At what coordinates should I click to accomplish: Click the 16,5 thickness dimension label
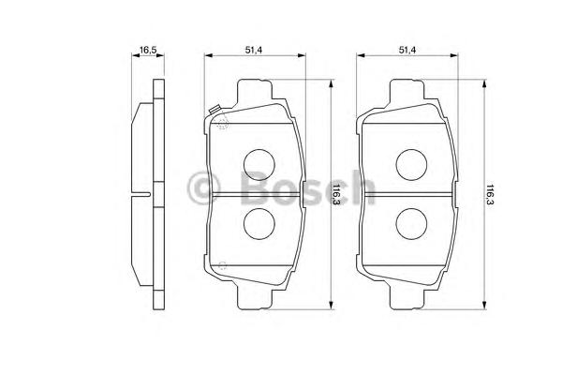click(x=148, y=50)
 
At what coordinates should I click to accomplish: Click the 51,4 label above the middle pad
click(x=254, y=50)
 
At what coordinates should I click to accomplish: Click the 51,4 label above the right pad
click(x=407, y=50)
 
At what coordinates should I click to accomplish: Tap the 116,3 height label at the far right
click(x=490, y=195)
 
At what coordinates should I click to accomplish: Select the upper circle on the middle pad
click(x=259, y=165)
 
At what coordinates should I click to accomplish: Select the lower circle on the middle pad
click(x=259, y=223)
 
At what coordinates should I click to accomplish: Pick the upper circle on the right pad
click(x=411, y=165)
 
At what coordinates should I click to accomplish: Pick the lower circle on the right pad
click(x=411, y=223)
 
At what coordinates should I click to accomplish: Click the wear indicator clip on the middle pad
click(x=214, y=111)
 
